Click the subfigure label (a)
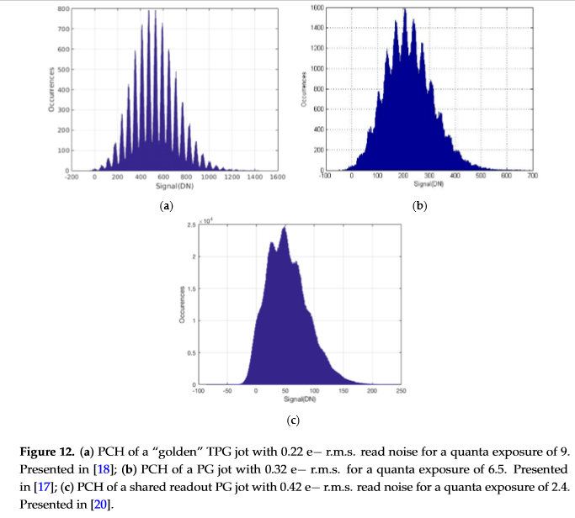coord(166,206)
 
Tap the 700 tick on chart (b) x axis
coord(532,176)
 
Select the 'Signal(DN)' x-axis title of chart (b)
coord(429,183)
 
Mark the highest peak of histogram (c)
coord(285,227)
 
